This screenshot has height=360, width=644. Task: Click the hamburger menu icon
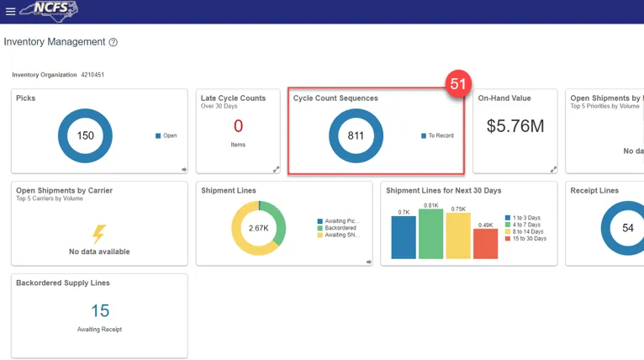click(x=10, y=12)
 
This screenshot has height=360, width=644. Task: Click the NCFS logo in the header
click(x=52, y=11)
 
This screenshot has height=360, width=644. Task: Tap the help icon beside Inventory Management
click(x=113, y=42)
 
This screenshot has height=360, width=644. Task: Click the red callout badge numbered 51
click(x=458, y=84)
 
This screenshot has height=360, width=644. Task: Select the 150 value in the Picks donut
click(x=85, y=135)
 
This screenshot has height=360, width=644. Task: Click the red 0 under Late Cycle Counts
click(x=238, y=126)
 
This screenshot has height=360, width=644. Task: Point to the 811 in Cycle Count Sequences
click(x=356, y=135)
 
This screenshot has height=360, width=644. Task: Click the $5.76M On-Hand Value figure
click(x=515, y=126)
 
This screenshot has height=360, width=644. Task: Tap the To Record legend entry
click(x=437, y=135)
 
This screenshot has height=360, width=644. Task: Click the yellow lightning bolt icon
click(x=99, y=234)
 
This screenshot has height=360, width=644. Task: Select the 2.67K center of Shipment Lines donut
click(x=258, y=228)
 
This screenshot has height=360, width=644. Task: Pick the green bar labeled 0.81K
click(x=430, y=234)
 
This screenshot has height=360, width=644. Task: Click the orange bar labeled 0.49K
click(x=485, y=243)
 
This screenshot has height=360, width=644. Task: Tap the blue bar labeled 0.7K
click(x=404, y=237)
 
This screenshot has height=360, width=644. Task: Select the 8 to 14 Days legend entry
click(x=525, y=231)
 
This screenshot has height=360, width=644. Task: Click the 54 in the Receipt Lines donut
click(x=627, y=228)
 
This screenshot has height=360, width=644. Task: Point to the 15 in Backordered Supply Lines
click(x=99, y=311)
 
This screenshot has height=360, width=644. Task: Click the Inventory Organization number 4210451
click(x=92, y=75)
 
